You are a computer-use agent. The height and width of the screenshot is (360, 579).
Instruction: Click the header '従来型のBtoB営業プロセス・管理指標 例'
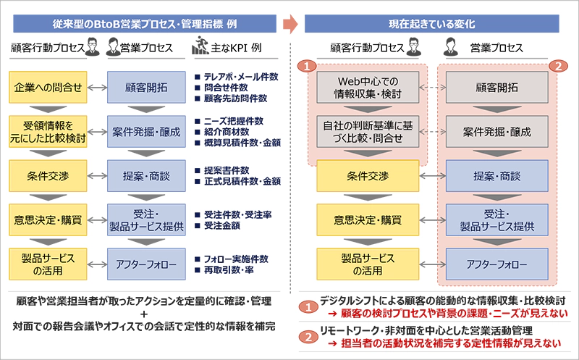coord(145,24)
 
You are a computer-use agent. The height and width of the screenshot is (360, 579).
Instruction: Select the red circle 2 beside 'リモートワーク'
coord(308,335)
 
